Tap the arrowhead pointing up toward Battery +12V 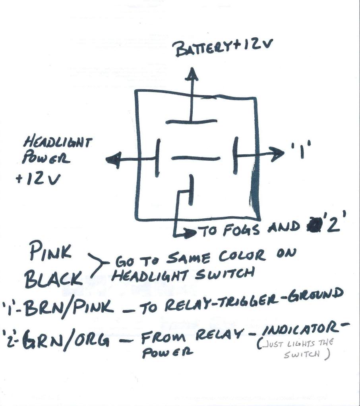193,75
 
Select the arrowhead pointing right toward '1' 274,154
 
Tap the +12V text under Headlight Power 38,179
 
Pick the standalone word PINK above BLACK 50,252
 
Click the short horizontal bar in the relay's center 195,158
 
